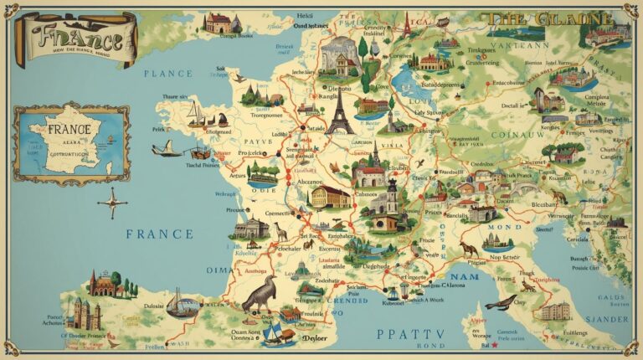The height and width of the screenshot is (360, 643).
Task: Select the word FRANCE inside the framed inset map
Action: tap(69, 131)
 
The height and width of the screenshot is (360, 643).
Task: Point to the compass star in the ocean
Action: tap(112, 202)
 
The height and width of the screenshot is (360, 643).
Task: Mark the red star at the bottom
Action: tap(495, 344)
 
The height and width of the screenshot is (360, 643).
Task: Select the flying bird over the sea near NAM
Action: tap(501, 301)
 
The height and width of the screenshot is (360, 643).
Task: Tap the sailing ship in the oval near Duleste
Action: tap(183, 303)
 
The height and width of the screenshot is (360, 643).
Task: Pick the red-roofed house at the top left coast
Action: tap(219, 23)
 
